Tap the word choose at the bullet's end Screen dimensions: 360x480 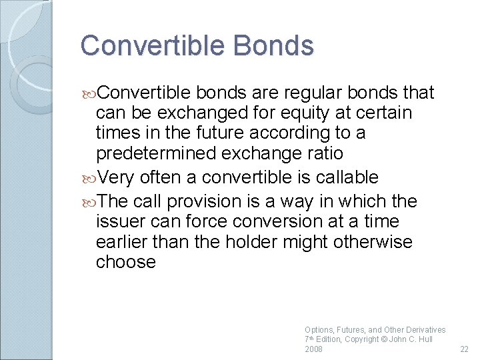(126, 262)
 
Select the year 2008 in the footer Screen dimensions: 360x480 (313, 349)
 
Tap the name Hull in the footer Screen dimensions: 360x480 (424, 339)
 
